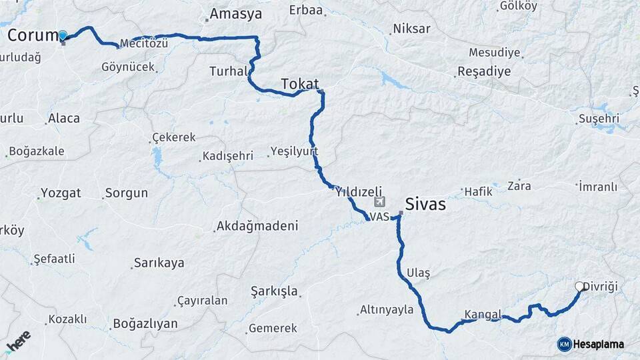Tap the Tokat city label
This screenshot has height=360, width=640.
click(x=299, y=84)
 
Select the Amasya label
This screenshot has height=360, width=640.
click(x=236, y=14)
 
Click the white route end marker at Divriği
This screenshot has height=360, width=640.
click(x=579, y=287)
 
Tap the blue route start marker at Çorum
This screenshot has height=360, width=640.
click(x=63, y=35)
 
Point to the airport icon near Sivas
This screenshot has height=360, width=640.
click(x=380, y=201)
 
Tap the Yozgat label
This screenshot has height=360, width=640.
click(x=61, y=193)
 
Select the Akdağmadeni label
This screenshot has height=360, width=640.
click(x=257, y=227)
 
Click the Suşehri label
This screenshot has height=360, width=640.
click(x=600, y=119)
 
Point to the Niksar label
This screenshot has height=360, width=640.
click(x=412, y=29)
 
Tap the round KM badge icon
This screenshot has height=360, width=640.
click(x=564, y=344)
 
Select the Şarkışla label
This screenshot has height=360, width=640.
click(x=274, y=291)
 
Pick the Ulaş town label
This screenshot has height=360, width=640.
click(x=418, y=273)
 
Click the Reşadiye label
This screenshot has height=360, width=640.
click(x=483, y=71)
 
